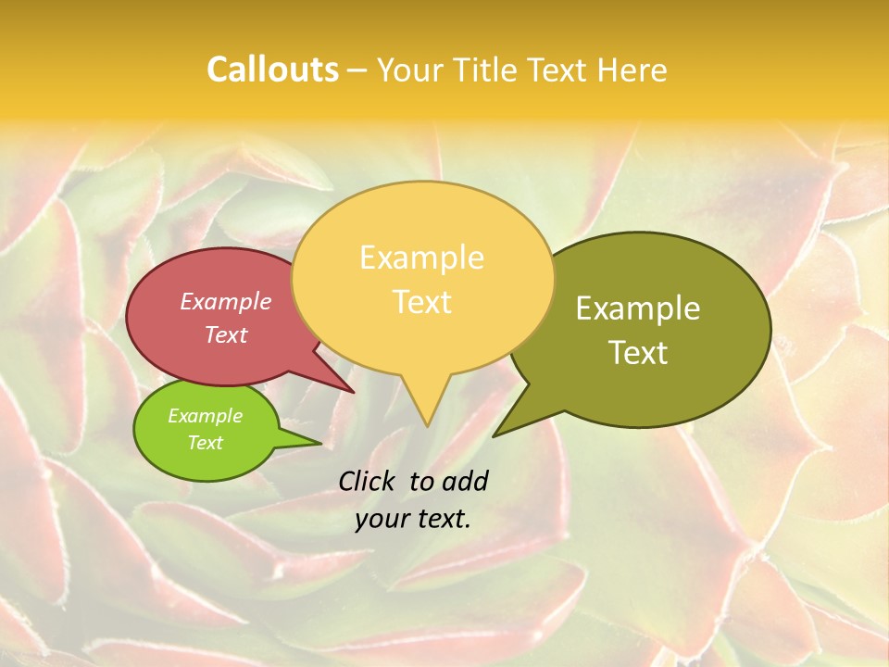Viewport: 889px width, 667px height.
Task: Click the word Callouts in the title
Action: tap(272, 69)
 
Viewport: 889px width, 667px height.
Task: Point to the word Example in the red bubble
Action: tap(226, 301)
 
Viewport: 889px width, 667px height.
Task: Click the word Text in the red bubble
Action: tap(226, 334)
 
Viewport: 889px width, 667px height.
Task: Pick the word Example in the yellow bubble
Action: tap(421, 258)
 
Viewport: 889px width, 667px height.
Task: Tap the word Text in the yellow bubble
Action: tap(421, 302)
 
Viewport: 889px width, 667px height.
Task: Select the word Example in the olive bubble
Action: tap(638, 308)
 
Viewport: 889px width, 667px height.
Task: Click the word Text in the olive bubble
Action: tap(638, 353)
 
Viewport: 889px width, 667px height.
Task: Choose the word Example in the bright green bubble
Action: tap(205, 416)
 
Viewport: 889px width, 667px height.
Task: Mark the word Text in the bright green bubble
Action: tap(205, 443)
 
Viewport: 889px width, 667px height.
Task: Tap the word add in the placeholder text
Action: tap(464, 481)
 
